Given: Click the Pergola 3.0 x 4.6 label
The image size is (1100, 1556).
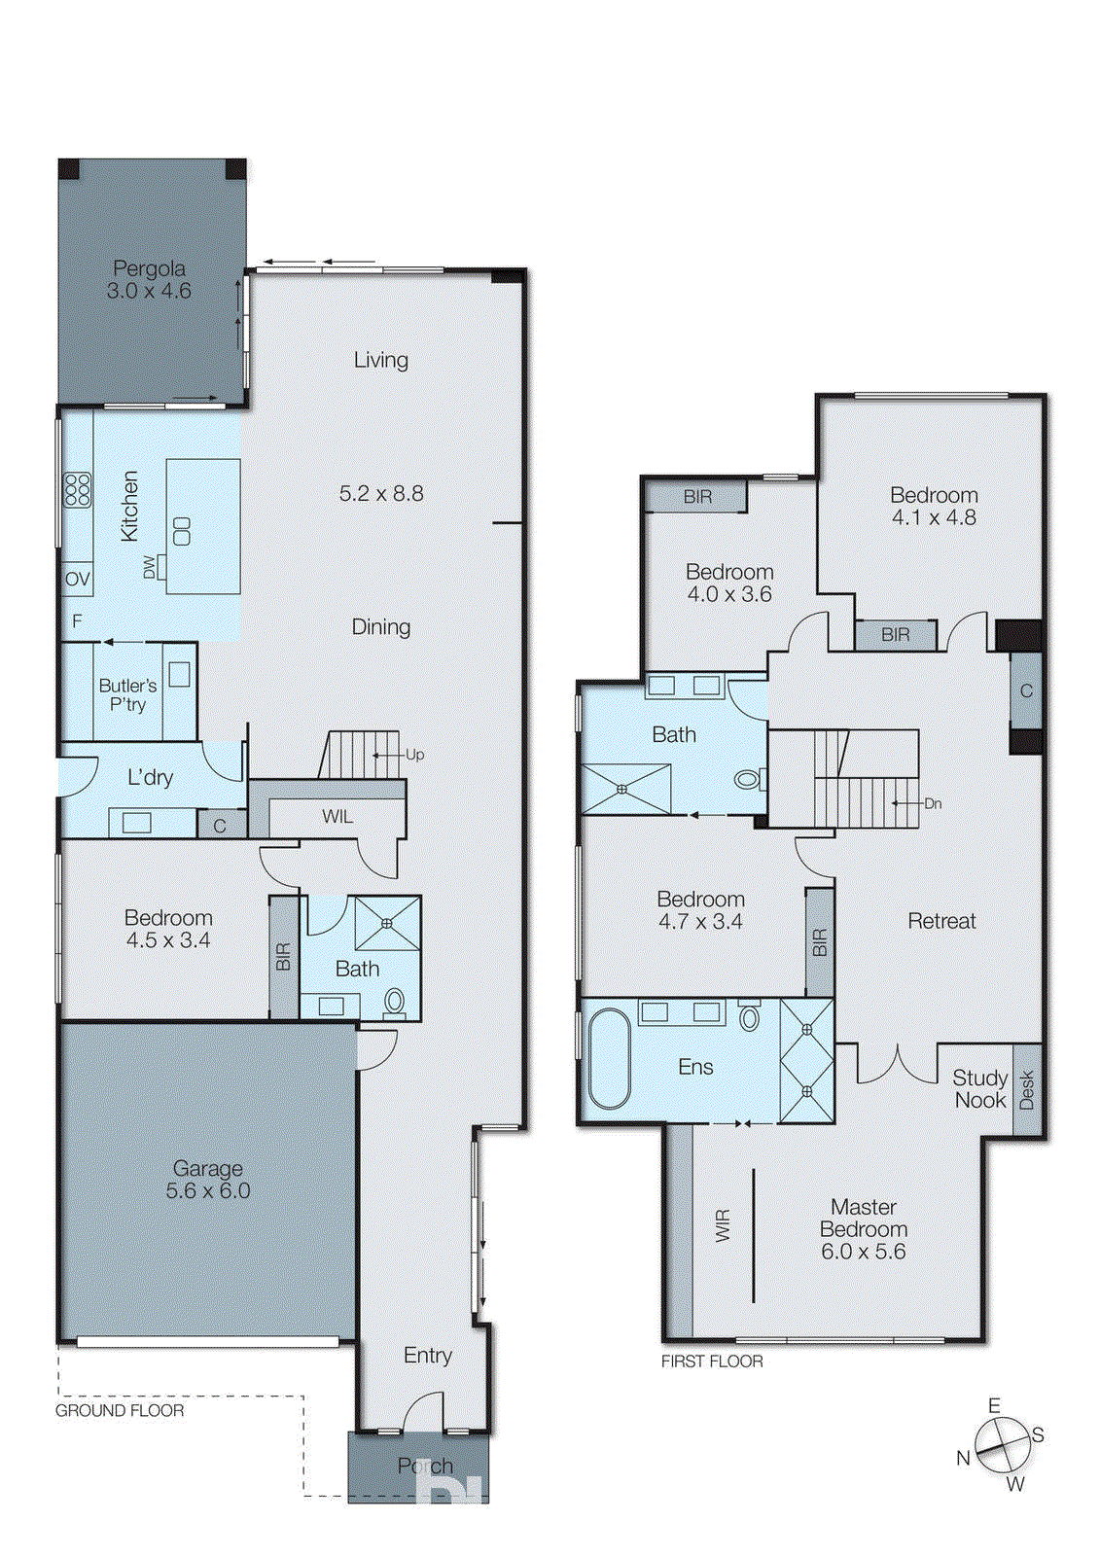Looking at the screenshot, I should coord(149,279).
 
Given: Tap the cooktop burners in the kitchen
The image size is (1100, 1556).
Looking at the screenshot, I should coord(77,489).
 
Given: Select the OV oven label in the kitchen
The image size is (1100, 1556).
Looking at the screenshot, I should coord(77,580).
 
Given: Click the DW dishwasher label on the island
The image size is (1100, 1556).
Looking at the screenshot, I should coord(150,567).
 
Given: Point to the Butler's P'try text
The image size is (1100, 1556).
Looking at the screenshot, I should coord(127,695).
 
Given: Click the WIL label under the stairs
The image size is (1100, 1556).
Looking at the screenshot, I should coord(337,817).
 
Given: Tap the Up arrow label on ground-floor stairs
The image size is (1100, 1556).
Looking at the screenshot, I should coord(414,755).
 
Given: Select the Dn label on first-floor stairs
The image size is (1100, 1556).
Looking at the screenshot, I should coord(933,803).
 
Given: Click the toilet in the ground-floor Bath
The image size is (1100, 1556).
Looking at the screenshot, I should coord(394,1001).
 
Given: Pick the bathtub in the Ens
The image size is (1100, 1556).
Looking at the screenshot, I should coord(610,1059).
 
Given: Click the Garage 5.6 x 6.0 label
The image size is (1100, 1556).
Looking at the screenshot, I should coord(207,1180).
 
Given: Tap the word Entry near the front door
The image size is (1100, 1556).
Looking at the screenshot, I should coord(428,1355).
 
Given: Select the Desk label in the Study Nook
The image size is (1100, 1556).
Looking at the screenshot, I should coord(1027,1090).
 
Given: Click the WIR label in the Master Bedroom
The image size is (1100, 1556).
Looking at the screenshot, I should coord(723,1225).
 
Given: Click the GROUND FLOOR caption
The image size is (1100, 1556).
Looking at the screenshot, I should coord(119,1410).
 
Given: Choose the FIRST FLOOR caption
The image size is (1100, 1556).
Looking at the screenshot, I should coord(712,1361).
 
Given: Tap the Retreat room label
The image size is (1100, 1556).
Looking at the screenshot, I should coord(940,921).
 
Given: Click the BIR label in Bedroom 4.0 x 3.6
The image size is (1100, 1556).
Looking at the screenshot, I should coord(697,497).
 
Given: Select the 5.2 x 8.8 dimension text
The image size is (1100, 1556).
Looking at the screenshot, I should coord(381,494).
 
